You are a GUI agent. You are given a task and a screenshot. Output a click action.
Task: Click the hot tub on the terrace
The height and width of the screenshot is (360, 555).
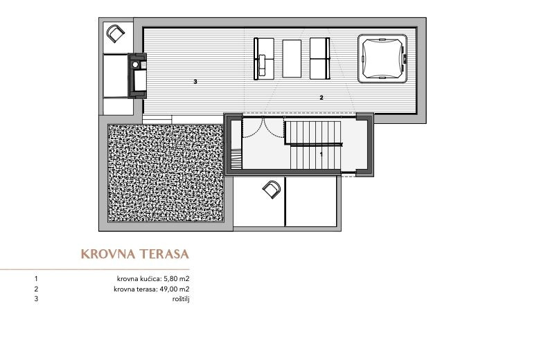pyautogui.click(x=382, y=58)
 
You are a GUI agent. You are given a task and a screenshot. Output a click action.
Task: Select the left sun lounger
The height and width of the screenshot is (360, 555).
pyautogui.click(x=264, y=59)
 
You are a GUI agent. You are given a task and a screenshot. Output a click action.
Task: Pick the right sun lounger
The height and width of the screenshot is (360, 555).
pyautogui.click(x=319, y=59)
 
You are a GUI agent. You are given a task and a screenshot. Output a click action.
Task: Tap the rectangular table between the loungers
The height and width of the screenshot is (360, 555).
pyautogui.click(x=292, y=58)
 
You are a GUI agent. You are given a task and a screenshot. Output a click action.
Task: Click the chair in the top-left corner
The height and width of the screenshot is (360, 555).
pyautogui.click(x=116, y=33)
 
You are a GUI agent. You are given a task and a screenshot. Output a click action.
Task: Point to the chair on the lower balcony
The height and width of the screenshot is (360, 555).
pyautogui.click(x=272, y=190)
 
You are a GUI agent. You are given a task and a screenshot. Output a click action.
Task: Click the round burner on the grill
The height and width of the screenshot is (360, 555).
pyautogui.click(x=136, y=64)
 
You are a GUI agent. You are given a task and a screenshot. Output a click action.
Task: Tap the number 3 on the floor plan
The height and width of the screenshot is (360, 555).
pyautogui.click(x=195, y=82)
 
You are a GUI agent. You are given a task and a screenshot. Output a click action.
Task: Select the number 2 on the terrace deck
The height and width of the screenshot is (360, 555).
pyautogui.click(x=321, y=98)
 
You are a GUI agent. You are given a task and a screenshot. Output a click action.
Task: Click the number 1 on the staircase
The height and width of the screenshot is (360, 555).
pyautogui.click(x=321, y=154)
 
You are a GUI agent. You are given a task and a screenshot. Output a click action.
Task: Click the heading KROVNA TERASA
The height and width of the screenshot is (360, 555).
pyautogui.click(x=135, y=254)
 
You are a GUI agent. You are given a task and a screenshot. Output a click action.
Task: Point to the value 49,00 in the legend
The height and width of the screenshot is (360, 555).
pyautogui.click(x=170, y=289)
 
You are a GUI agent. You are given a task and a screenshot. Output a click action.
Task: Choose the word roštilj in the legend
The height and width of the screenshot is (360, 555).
pyautogui.click(x=181, y=299)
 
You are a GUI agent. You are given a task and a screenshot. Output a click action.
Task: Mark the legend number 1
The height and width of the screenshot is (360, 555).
pyautogui.click(x=36, y=279)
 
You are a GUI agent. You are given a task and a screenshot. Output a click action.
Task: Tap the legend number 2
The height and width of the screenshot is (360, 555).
pyautogui.click(x=36, y=289)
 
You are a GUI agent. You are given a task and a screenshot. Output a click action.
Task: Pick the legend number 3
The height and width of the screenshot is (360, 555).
pyautogui.click(x=36, y=299)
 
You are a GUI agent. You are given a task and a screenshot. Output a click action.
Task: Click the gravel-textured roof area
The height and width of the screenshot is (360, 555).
pyautogui.click(x=166, y=173)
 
